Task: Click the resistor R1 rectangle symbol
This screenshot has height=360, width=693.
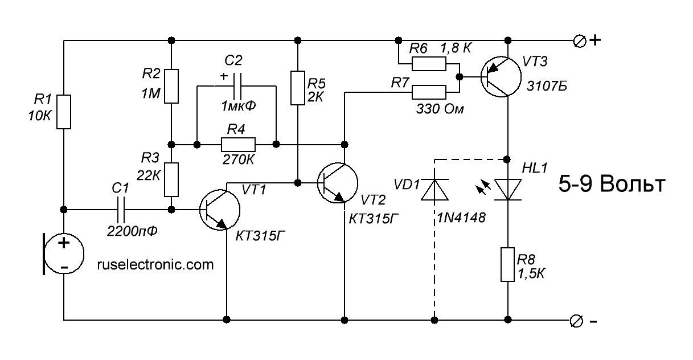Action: [x=64, y=112]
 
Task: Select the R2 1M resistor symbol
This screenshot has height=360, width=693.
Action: [x=171, y=86]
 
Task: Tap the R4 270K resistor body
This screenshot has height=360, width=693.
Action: [x=238, y=144]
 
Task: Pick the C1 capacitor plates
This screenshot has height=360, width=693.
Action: [x=120, y=210]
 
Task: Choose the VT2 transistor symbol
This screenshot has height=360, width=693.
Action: [x=338, y=183]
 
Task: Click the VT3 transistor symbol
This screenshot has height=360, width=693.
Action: [x=501, y=77]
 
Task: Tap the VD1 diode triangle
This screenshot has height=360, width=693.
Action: [x=434, y=190]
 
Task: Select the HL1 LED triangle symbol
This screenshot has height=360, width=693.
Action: [x=508, y=190]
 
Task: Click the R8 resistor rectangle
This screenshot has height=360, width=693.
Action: [x=508, y=264]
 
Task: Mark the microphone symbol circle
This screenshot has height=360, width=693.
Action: [x=64, y=254]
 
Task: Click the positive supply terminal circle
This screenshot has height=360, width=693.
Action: [x=580, y=41]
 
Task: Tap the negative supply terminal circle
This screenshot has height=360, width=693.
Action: [x=576, y=321]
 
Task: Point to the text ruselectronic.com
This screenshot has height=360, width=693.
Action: [x=155, y=265]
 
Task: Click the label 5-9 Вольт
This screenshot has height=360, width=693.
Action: [x=612, y=184]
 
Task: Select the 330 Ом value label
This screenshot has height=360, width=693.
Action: [x=440, y=109]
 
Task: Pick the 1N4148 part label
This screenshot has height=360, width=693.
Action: [x=461, y=218]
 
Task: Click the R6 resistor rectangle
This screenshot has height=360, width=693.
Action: [x=429, y=64]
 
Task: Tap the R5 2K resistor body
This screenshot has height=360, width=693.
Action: [x=298, y=88]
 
